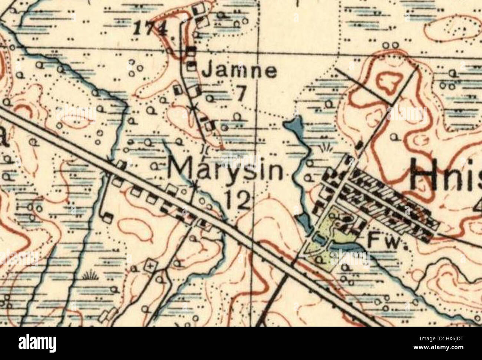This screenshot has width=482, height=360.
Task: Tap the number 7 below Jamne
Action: (x=240, y=94)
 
